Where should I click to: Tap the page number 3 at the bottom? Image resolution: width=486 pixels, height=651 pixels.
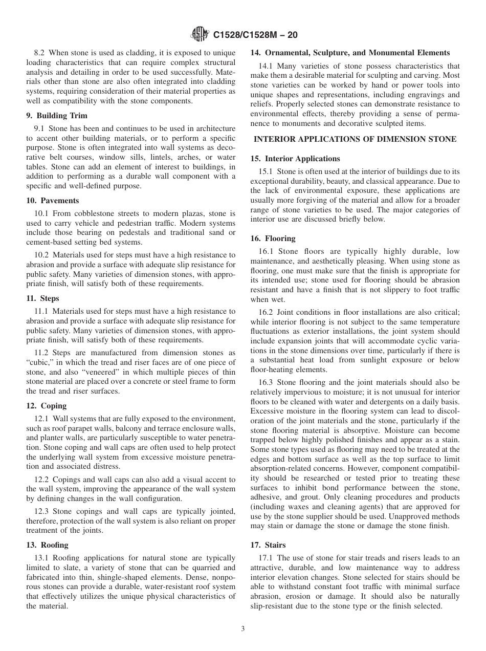(x=243, y=629)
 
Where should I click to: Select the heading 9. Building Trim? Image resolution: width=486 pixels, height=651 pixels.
(x=57, y=116)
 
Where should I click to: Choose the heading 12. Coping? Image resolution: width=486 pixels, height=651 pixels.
(x=47, y=406)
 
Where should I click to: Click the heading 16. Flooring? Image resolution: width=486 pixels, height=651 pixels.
(x=273, y=238)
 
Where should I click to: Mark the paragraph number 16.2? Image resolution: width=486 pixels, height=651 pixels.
(x=266, y=313)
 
